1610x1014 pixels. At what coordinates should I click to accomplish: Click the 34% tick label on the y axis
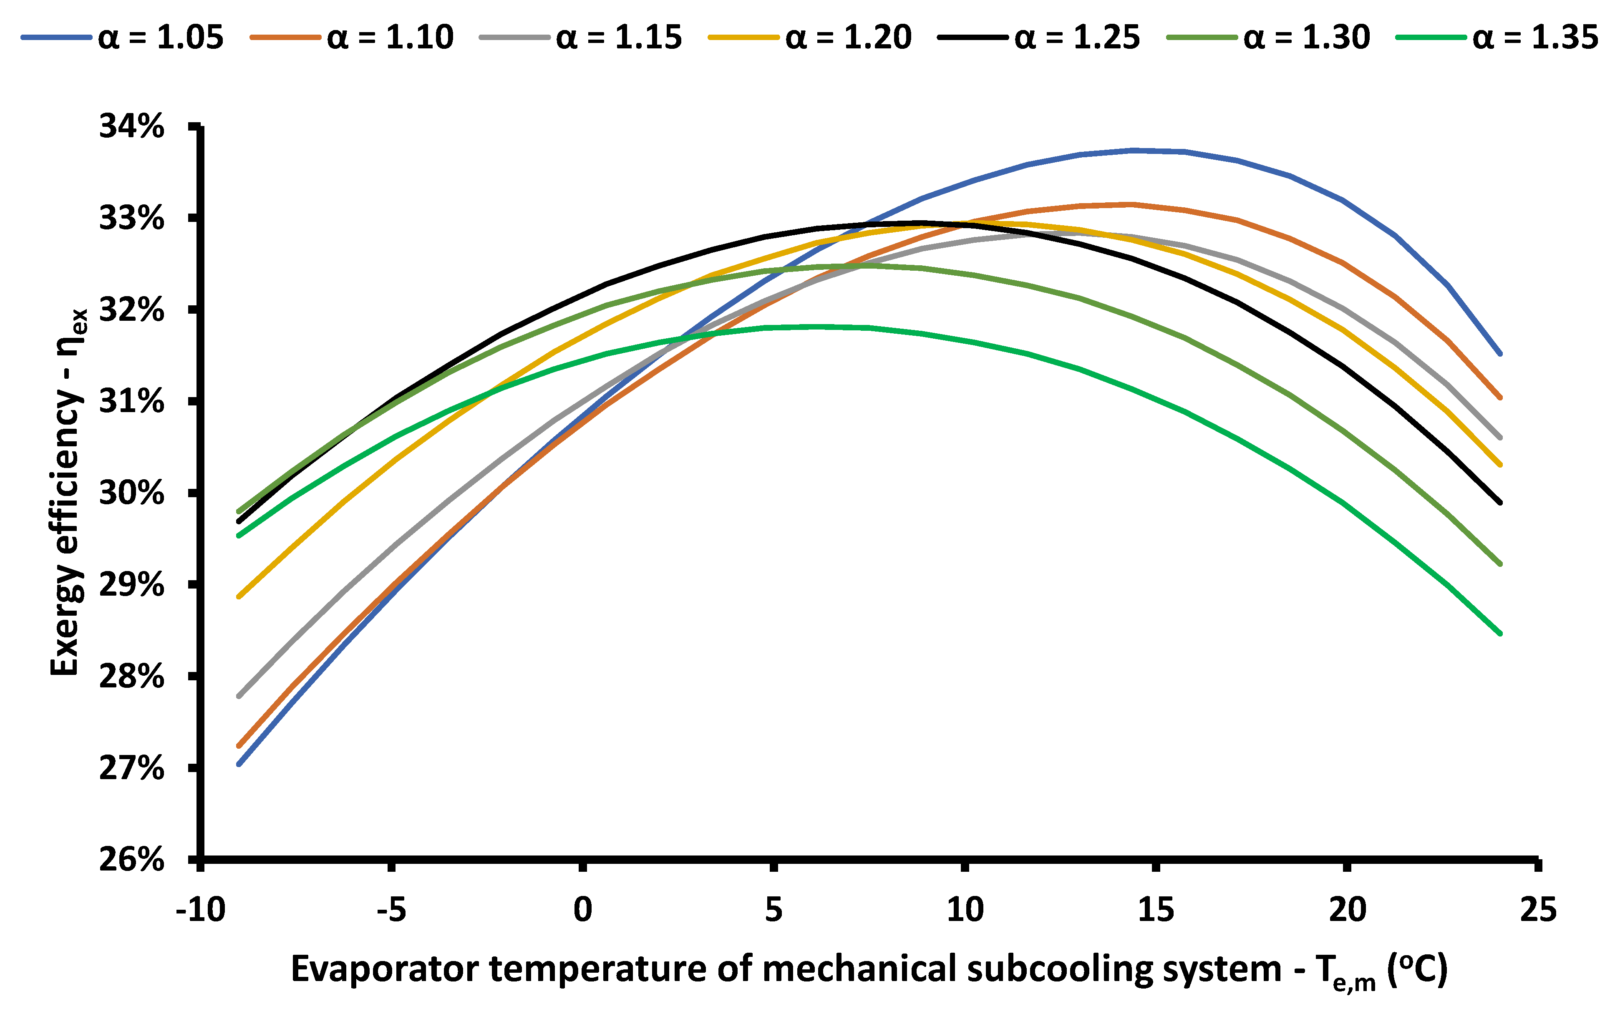132,126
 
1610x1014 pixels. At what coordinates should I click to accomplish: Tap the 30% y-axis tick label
132,493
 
